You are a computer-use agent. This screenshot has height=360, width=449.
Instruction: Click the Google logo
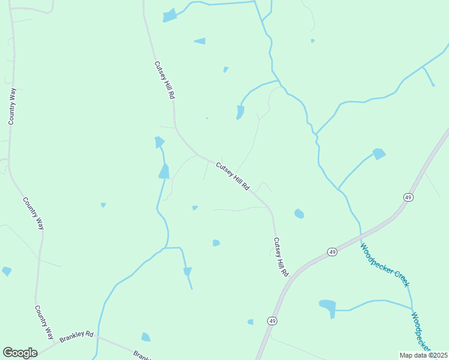click(20, 353)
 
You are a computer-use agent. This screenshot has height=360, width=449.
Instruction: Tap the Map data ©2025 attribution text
click(424, 355)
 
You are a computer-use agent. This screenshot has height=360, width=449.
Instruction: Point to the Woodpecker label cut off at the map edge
click(421, 332)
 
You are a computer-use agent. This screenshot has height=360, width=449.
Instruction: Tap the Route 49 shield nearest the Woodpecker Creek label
click(333, 252)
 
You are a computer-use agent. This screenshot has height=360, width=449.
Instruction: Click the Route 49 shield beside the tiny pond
click(273, 321)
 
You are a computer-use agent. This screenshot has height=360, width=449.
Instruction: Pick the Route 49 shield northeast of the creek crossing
click(408, 197)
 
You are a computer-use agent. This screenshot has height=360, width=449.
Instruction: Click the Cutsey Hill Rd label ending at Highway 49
click(281, 257)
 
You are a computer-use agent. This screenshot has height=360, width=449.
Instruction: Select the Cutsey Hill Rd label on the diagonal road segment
click(232, 176)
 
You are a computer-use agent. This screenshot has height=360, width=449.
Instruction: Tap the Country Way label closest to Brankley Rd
click(44, 322)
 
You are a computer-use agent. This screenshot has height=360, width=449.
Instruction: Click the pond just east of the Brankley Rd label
click(145, 337)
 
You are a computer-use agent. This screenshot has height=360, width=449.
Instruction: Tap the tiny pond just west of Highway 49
click(250, 322)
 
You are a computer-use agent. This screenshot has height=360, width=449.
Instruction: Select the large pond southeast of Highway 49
click(328, 307)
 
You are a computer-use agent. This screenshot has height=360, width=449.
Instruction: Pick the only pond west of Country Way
click(7, 271)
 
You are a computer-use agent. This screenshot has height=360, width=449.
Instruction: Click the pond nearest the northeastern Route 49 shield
click(379, 154)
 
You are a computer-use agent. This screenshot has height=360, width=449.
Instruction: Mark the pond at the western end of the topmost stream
click(170, 16)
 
